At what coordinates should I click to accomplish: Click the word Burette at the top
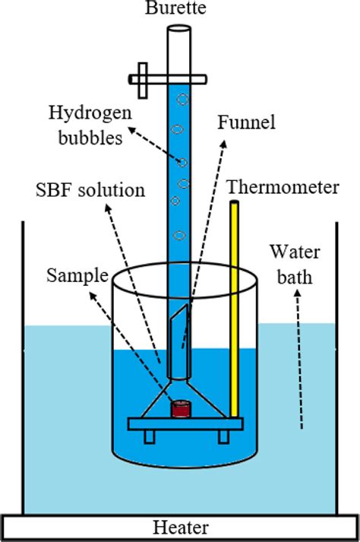click(180, 8)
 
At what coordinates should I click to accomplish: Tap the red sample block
click(180, 410)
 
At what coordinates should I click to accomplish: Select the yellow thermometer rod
click(235, 304)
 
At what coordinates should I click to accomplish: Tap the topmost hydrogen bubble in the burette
click(182, 99)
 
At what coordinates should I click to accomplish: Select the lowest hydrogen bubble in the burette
click(179, 235)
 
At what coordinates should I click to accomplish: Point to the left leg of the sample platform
click(149, 436)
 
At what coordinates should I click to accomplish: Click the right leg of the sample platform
click(223, 436)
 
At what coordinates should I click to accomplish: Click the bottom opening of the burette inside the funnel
click(180, 376)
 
